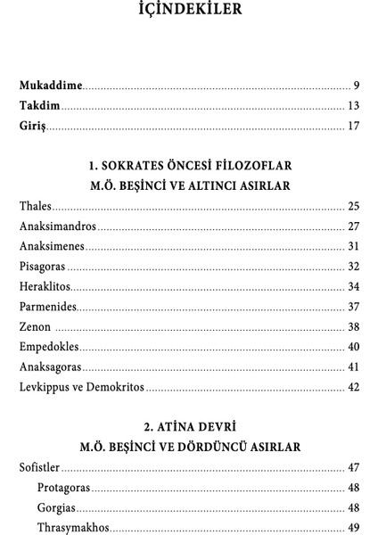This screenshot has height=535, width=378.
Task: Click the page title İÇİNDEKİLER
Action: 189,12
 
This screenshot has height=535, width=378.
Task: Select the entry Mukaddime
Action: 51,86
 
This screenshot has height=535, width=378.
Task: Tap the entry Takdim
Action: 41,107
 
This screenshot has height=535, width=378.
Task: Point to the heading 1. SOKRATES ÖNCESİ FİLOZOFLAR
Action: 189,166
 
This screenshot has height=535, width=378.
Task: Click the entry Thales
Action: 36,206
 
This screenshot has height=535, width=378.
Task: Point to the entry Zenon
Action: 35,327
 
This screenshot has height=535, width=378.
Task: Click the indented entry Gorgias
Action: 57,507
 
